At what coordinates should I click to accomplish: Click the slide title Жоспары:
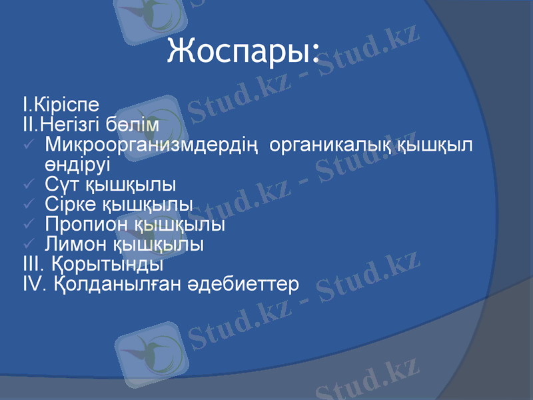click(243, 51)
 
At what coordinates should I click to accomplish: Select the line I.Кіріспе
click(61, 105)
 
